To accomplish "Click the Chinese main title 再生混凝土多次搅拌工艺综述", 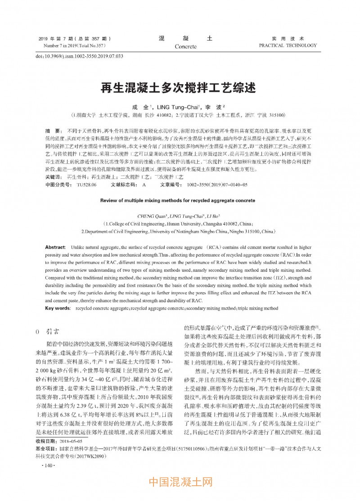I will [180, 87].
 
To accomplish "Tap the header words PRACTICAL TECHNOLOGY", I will [288, 45].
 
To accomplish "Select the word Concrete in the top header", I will [185, 46].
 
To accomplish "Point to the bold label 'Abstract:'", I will [55, 248].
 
